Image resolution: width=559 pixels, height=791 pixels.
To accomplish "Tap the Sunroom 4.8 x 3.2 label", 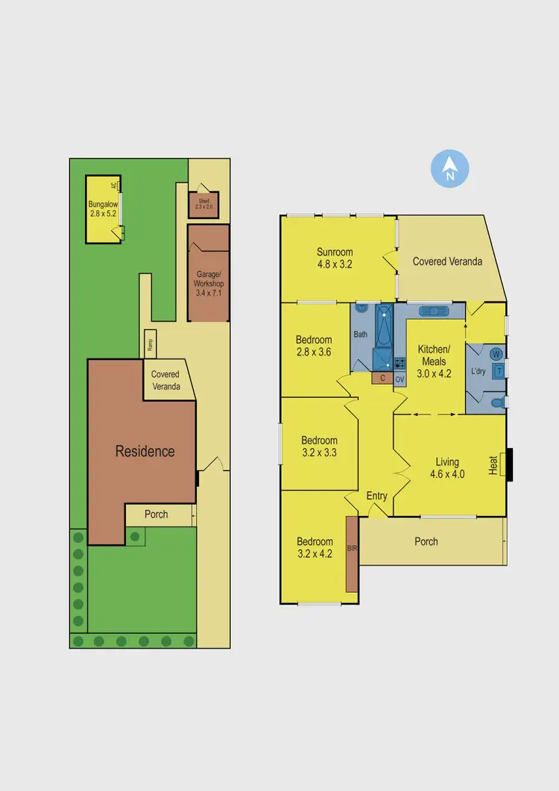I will (334, 257).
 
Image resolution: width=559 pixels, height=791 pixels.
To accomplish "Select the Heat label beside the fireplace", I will (493, 465).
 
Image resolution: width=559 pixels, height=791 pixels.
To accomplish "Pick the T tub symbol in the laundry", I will (499, 368).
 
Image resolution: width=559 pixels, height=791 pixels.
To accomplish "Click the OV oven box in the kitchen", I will (399, 379).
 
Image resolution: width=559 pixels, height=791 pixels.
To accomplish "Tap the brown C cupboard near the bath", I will (382, 379).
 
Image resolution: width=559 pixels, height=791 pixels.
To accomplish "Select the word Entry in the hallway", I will (377, 497).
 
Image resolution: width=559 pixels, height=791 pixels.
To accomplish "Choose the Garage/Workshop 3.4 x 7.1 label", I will (209, 283).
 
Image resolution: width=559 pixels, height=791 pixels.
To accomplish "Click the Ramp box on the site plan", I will (150, 344).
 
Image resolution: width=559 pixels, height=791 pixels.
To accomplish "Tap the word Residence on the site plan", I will (145, 451).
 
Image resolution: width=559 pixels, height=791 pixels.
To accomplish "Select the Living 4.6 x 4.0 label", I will (447, 467).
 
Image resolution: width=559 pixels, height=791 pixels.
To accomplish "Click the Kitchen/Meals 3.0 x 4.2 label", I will (434, 362).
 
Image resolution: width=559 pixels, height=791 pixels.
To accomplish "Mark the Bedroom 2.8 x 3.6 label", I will (313, 346).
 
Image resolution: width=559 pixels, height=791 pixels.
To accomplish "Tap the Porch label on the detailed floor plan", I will (426, 541).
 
